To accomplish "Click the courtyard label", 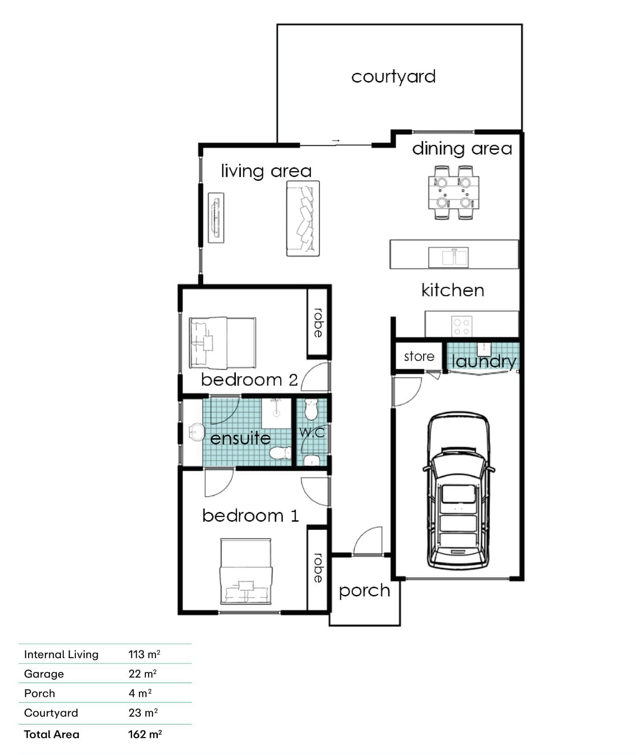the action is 393,77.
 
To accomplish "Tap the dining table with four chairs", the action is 453,192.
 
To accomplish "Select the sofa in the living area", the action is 303,218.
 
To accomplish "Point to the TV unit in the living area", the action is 216,218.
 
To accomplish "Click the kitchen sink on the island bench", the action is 448,257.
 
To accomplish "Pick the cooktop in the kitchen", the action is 462,326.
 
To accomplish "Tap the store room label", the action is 419,357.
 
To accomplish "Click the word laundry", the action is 484,362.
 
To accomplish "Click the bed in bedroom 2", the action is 222,343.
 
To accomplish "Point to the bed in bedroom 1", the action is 246,571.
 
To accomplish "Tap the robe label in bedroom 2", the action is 318,323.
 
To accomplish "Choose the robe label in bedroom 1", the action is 318,568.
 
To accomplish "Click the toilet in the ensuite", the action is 280,453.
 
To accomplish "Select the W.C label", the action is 312,433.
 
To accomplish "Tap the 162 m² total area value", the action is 145,734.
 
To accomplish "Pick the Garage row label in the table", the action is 44,674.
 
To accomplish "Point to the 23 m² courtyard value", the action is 143,713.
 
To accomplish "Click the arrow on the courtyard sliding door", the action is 336,141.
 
